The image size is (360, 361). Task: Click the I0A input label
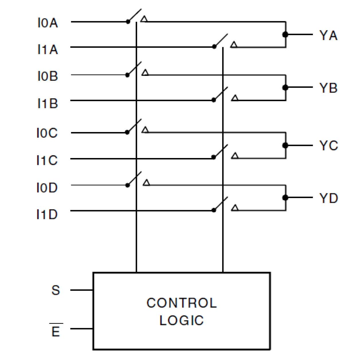48,23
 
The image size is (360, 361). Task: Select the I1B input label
48,103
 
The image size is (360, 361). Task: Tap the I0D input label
47,188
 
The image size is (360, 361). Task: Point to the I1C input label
47,160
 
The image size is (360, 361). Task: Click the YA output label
328,36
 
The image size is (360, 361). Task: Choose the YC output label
329,146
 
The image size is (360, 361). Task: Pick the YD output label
329,198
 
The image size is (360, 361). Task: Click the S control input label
56,290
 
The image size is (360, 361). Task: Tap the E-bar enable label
56,332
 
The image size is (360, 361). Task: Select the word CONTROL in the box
182,303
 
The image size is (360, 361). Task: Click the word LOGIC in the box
182,320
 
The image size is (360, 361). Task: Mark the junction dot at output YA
285,35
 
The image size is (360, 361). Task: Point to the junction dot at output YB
285,87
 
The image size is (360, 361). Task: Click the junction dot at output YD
285,198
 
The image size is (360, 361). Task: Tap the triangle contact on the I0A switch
144,19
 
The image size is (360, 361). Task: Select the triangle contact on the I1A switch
234,45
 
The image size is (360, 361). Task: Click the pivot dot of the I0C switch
128,132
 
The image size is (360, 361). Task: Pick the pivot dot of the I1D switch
214,210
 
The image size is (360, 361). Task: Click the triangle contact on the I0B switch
145,72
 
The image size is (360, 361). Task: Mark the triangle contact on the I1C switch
235,156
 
